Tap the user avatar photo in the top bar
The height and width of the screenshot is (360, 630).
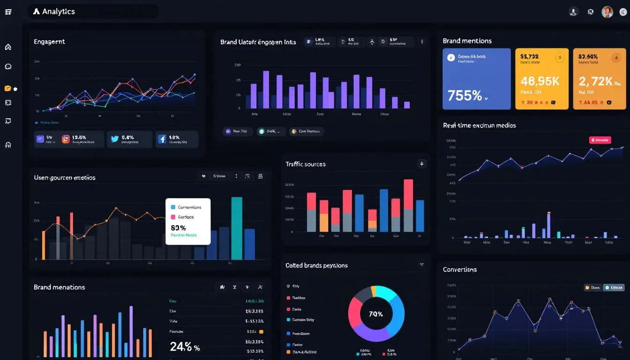tap(607, 12)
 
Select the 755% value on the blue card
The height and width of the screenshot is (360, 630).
tap(465, 96)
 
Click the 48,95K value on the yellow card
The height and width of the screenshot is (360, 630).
tap(540, 81)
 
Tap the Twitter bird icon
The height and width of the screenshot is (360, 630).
tap(115, 139)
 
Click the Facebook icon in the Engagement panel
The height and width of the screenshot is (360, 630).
tap(162, 139)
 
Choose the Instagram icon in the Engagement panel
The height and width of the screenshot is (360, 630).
tap(66, 139)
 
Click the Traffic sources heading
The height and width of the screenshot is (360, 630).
tap(305, 164)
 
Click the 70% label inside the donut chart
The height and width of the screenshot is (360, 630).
tap(376, 314)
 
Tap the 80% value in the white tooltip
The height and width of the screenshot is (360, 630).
tap(179, 227)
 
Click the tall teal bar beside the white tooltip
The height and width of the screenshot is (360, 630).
tap(237, 228)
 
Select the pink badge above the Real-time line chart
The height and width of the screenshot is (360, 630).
tap(600, 140)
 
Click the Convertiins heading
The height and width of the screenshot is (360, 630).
tap(460, 270)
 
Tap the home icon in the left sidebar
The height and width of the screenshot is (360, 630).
tap(8, 47)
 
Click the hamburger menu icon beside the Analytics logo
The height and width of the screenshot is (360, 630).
tap(8, 12)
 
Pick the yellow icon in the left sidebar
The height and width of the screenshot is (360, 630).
tap(7, 88)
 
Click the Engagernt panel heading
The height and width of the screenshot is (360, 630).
tap(49, 42)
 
